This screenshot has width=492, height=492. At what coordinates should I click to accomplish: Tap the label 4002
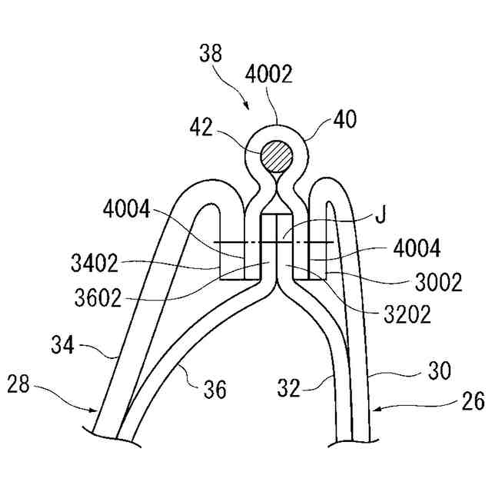click(268, 75)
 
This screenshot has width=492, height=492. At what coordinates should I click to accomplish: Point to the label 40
click(345, 120)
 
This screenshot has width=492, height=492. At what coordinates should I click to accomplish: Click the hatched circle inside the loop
click(277, 157)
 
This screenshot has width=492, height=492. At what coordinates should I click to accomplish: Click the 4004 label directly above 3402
click(127, 208)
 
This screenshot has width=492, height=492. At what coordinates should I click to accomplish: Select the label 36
click(216, 390)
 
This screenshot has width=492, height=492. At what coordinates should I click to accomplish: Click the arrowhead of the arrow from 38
click(246, 105)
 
